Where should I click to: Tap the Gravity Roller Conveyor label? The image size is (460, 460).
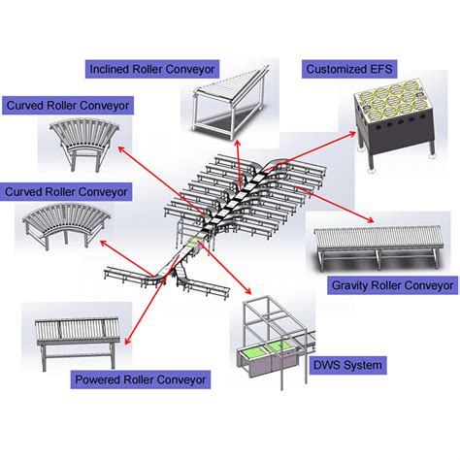pos(393,286)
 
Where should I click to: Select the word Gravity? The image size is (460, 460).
pos(352,286)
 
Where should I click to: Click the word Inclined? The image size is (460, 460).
pos(111,69)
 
